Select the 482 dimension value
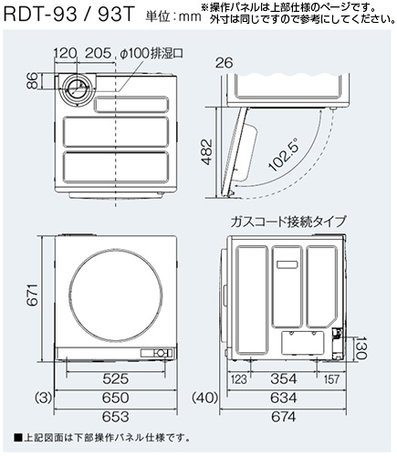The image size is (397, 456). point(208,150)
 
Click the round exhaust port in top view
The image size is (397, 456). point(80,89)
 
